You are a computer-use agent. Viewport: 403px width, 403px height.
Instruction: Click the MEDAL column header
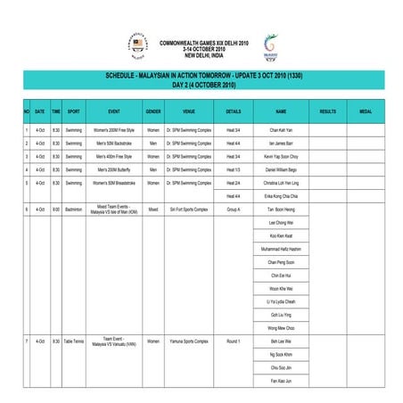[x=366, y=111]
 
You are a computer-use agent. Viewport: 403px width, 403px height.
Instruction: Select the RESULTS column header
[x=327, y=111]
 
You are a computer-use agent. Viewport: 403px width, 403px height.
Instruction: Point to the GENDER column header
[x=153, y=111]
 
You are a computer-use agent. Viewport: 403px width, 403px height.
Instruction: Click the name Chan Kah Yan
[x=281, y=130]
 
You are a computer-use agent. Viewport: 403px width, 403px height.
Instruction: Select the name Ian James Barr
[x=281, y=143]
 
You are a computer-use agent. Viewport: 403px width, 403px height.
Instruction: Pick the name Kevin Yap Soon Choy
[x=281, y=156]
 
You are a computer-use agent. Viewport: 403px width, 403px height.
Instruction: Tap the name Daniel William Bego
[x=281, y=169]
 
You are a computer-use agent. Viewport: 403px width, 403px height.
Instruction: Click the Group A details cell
[x=234, y=210]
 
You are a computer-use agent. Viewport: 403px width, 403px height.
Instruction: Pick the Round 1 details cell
[x=234, y=341]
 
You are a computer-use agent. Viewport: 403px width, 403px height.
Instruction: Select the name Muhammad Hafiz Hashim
[x=281, y=250]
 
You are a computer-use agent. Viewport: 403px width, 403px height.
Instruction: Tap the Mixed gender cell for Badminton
[x=153, y=210]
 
